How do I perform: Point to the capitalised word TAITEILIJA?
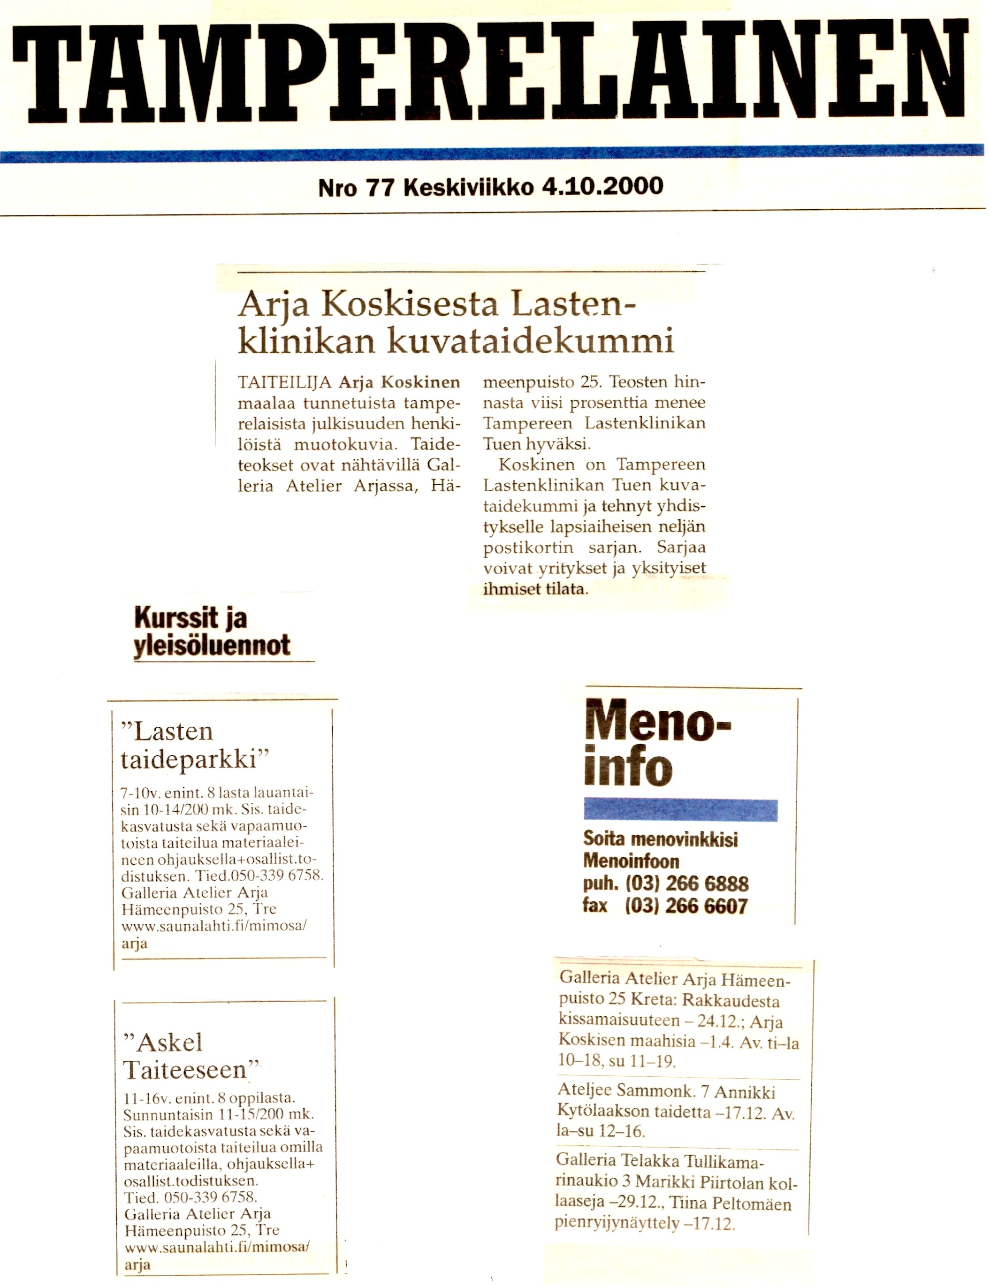coord(285,382)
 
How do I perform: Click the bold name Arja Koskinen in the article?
coord(399,382)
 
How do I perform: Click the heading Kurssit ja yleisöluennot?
coord(212,631)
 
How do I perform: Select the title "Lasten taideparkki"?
coord(194,746)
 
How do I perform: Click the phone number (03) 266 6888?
coord(686,883)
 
